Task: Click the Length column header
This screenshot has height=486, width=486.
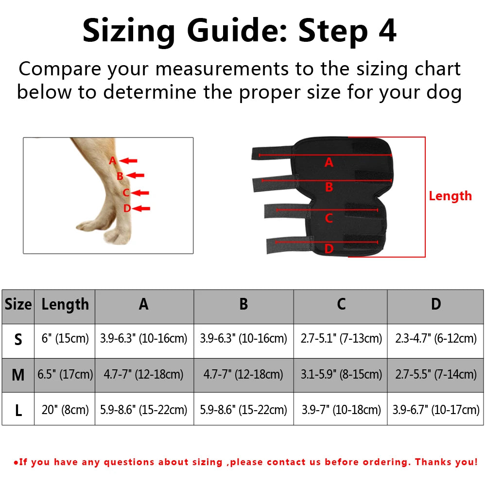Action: pos(65,305)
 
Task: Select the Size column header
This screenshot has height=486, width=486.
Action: pos(18,305)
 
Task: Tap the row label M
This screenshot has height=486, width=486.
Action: pos(18,375)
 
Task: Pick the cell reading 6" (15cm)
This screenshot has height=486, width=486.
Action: pos(65,339)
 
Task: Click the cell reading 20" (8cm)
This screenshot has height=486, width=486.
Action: pos(65,410)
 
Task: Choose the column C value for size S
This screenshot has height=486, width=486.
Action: pos(341,339)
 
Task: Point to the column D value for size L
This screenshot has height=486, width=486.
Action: pos(436,410)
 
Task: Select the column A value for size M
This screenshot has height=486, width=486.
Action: pos(144,375)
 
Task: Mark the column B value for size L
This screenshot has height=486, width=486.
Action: pos(243,410)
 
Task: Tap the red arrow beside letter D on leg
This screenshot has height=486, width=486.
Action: pos(142,208)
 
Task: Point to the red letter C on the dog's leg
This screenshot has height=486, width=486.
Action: pos(125,193)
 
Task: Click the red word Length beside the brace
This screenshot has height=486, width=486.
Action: pos(450,196)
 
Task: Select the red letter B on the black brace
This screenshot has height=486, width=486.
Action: pos(329,187)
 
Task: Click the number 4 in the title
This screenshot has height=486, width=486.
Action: pos(386,31)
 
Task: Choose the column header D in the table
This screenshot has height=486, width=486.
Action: pos(436,305)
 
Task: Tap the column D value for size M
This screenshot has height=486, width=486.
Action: pos(436,375)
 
